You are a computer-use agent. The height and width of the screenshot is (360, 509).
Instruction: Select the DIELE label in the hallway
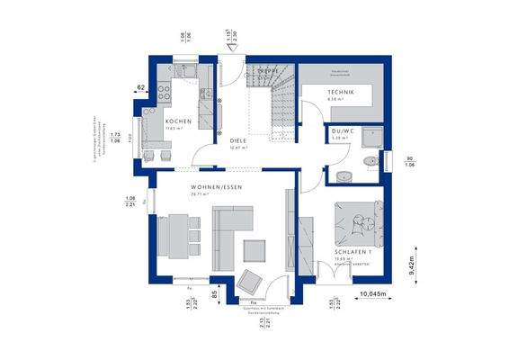tap(237, 140)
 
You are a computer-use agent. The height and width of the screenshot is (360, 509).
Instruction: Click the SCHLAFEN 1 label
tap(354, 251)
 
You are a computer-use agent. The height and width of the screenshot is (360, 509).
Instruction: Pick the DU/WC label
tap(342, 130)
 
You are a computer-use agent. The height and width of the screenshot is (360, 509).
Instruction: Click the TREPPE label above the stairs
tap(267, 68)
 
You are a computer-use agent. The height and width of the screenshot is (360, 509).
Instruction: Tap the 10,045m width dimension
tap(373, 294)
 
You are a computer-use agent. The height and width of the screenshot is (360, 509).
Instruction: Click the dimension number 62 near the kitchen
tap(140, 87)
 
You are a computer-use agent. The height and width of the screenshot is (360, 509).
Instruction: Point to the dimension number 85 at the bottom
tap(213, 292)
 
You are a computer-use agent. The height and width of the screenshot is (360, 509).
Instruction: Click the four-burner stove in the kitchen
tap(165, 90)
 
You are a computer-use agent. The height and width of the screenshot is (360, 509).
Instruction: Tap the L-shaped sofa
tap(230, 229)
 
